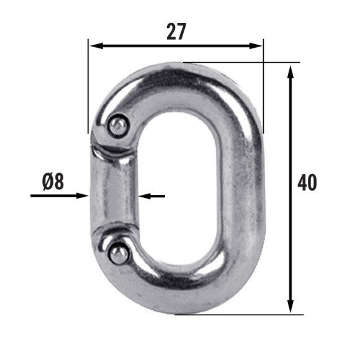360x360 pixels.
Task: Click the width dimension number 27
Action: pos(176,32)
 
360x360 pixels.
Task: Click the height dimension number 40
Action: pos(307,182)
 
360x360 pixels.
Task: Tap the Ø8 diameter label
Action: pos(53,181)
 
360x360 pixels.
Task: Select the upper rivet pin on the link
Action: pos(118,126)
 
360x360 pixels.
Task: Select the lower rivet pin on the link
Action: pos(119,254)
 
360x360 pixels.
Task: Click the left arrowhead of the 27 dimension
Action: pos(96,46)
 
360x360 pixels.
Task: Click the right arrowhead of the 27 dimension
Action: pos(256,46)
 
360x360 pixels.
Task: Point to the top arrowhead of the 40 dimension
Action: pos(290,72)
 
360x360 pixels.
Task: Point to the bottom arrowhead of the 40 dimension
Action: pos(290,306)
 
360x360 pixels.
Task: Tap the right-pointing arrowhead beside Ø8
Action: pos(83,196)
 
